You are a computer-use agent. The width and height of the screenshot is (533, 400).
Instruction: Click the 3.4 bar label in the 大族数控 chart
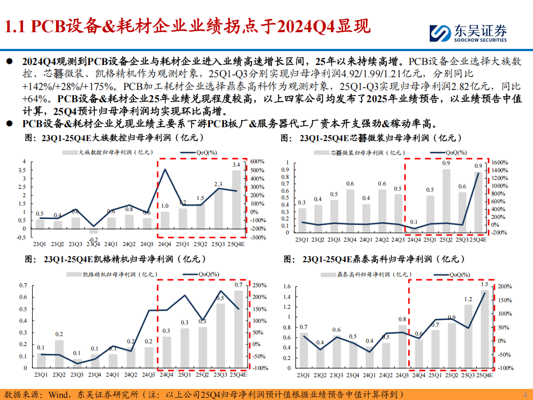click(x=236, y=165)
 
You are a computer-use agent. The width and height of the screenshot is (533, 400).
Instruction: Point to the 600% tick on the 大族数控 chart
click(x=258, y=162)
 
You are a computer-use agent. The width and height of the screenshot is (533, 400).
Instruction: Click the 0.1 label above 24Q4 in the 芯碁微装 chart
click(x=414, y=222)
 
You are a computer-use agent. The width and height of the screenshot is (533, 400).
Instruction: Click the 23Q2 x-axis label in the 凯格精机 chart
click(x=59, y=375)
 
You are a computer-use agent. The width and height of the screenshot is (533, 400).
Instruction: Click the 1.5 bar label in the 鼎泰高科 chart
click(x=485, y=284)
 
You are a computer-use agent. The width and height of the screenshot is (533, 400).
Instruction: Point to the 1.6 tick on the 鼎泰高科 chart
click(x=287, y=287)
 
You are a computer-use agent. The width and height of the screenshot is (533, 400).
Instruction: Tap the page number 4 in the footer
click(x=525, y=394)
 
